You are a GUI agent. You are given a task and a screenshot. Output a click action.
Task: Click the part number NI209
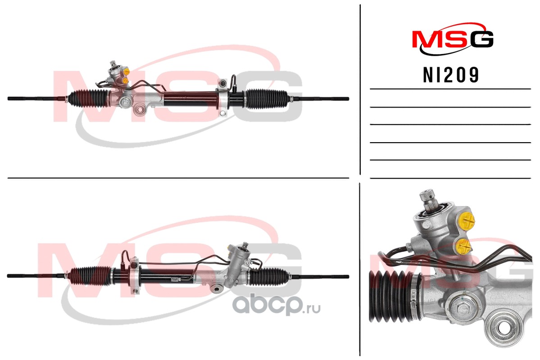pos(451,75)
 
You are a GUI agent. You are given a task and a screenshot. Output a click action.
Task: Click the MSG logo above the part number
pos(453,39)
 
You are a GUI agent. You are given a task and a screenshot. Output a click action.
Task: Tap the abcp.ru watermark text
pos(277,305)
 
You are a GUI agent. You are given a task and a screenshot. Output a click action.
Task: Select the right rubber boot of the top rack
pos(266,99)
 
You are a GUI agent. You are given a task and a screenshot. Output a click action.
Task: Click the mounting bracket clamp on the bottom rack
pos(135,275)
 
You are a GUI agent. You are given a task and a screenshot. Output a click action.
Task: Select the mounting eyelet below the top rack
pos(140,111)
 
